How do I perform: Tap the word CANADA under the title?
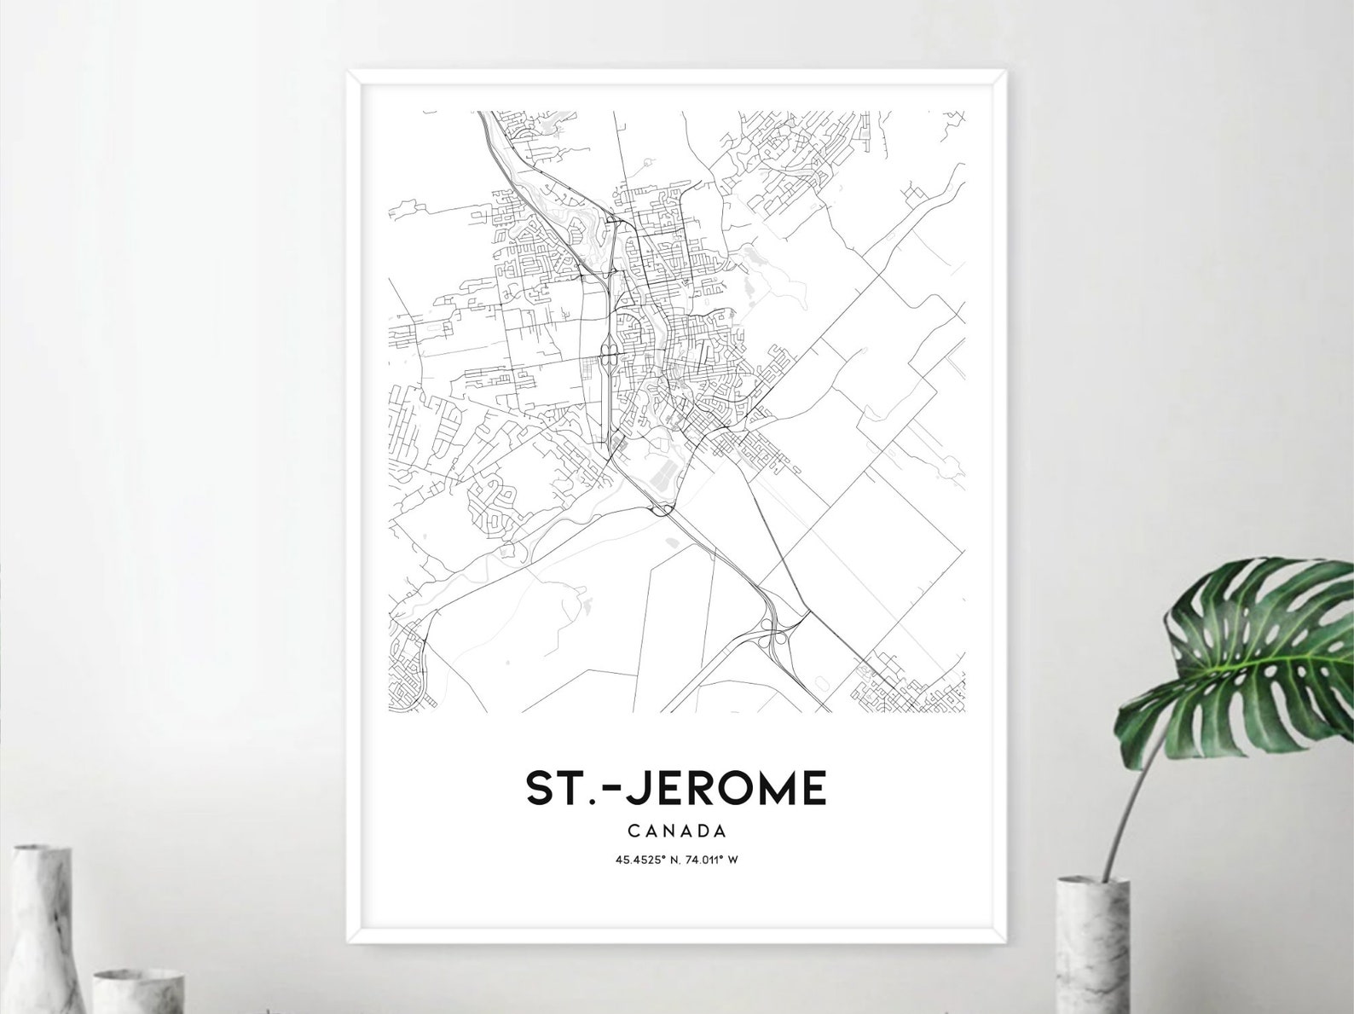click(x=676, y=829)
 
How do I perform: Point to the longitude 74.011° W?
click(x=713, y=860)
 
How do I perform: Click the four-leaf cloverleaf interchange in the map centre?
click(x=609, y=356)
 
